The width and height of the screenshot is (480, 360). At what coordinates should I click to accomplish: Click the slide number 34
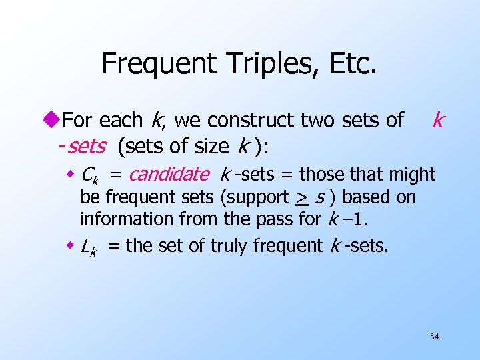click(x=434, y=337)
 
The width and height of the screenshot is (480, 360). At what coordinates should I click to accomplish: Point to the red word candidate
click(x=169, y=175)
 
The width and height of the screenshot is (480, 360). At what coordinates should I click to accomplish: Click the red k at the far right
click(x=437, y=120)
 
